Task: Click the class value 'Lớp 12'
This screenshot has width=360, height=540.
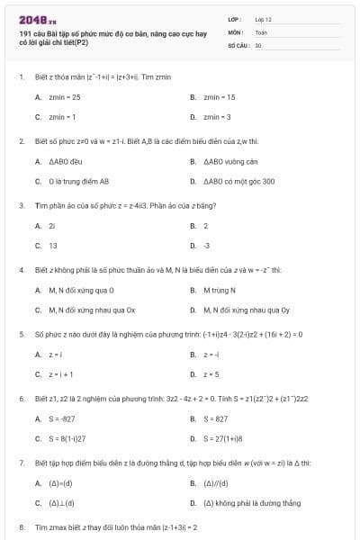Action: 263,18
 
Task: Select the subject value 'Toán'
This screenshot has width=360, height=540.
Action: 261,31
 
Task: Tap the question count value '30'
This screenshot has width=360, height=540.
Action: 258,43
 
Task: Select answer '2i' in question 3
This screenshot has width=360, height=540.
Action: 52,225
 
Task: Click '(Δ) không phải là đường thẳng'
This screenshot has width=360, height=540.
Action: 242,503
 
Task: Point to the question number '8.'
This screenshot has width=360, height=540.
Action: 22,526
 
